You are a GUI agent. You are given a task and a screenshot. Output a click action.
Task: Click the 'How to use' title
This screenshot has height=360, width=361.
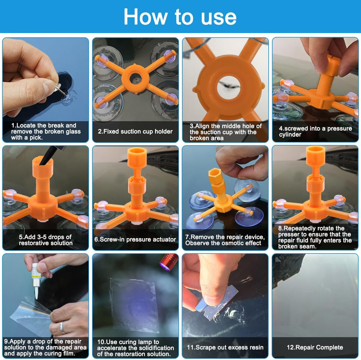coord(180,17)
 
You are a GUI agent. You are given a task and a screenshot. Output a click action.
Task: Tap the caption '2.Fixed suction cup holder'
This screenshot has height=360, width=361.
coord(135,131)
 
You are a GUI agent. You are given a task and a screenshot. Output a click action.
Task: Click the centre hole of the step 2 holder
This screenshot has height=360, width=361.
coord(135,79)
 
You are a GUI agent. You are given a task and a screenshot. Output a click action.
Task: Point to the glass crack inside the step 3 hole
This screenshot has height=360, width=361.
coord(229,85)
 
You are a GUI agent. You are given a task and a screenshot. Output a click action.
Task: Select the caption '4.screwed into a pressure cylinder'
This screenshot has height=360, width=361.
coord(315,131)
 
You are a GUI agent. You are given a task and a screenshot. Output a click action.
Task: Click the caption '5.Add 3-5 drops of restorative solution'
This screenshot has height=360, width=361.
coord(45,240)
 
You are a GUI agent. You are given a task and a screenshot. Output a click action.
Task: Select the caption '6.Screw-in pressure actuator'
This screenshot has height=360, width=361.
coord(135,239)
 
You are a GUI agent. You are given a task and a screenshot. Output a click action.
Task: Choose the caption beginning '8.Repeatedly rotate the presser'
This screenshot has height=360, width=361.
coord(315,237)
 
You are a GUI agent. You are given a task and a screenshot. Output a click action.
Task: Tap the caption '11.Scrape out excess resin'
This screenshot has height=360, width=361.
coord(225,347)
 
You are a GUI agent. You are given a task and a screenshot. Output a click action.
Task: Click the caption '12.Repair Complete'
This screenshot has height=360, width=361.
coord(315,347)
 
